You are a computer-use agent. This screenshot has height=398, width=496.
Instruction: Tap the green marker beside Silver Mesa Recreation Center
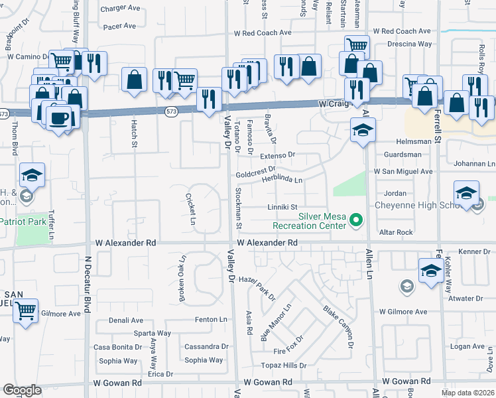tap(356, 219)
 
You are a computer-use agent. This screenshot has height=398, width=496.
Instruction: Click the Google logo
tap(22, 390)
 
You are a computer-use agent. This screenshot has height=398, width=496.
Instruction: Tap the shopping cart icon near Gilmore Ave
tap(25, 309)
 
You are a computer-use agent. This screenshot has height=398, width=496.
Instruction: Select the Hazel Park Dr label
tap(257, 289)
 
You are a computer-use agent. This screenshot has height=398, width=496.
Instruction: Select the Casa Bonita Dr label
tap(117, 347)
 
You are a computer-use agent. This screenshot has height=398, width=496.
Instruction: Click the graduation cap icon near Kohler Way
tap(431, 271)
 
